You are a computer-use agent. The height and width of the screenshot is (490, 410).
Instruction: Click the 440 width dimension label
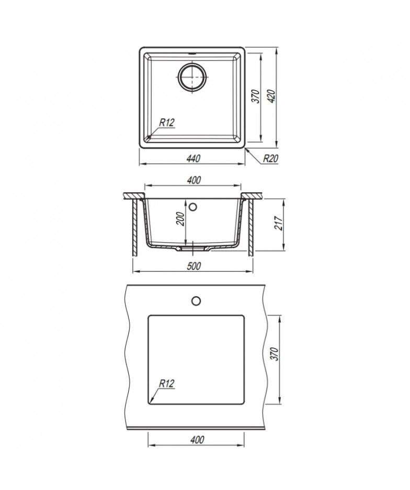(x=193, y=159)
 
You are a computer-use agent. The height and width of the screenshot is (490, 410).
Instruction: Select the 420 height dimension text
(x=271, y=96)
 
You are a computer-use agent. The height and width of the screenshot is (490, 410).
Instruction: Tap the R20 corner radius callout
(x=270, y=159)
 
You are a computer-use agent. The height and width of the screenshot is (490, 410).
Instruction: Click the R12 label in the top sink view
(x=166, y=123)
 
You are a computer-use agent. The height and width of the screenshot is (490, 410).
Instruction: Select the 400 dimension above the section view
(x=193, y=180)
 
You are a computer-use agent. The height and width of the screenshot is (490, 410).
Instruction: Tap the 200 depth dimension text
(x=180, y=219)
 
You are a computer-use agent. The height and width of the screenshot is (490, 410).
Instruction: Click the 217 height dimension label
(x=278, y=223)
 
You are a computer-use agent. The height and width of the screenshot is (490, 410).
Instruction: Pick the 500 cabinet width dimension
(x=193, y=266)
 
